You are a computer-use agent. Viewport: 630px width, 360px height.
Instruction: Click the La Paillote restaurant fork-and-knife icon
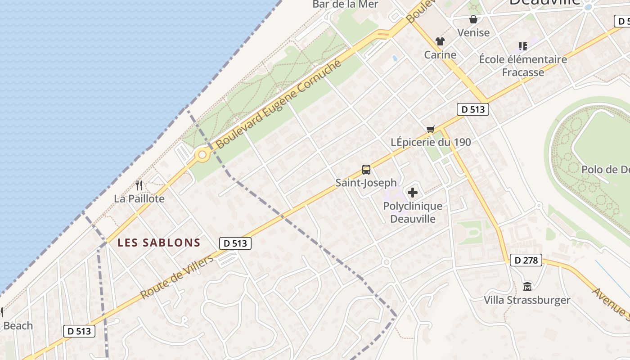pyautogui.click(x=139, y=185)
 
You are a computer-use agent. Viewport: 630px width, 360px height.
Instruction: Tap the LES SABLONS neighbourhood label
pyautogui.click(x=159, y=243)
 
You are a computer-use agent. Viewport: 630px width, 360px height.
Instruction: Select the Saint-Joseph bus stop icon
pyautogui.click(x=366, y=170)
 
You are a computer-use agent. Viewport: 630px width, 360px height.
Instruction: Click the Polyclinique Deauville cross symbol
pyautogui.click(x=412, y=193)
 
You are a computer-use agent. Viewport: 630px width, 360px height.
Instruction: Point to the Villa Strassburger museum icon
pyautogui.click(x=527, y=286)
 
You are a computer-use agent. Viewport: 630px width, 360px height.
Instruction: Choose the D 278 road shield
pyautogui.click(x=526, y=260)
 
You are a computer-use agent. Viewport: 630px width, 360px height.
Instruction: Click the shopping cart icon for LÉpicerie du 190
pyautogui.click(x=431, y=130)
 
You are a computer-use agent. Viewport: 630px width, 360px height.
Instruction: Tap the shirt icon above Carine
pyautogui.click(x=440, y=41)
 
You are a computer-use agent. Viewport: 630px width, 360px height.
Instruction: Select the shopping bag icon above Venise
pyautogui.click(x=473, y=19)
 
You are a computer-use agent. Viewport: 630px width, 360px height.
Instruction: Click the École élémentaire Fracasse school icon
pyautogui.click(x=522, y=46)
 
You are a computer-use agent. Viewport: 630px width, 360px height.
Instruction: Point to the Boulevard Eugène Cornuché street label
pyautogui.click(x=279, y=104)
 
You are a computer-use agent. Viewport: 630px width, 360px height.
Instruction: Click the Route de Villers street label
pyautogui.click(x=177, y=277)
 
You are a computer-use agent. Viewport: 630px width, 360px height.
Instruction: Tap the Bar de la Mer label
pyautogui.click(x=346, y=4)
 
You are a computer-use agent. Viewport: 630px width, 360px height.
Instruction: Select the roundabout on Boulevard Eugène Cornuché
pyautogui.click(x=202, y=155)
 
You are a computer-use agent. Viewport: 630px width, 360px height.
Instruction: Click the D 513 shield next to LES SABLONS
pyautogui.click(x=235, y=243)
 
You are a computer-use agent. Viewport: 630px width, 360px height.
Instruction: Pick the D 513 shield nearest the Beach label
pyautogui.click(x=79, y=331)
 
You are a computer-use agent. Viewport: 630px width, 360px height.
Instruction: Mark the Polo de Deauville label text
pyautogui.click(x=605, y=170)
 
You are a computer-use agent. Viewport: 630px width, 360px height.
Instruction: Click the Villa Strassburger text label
pyautogui.click(x=527, y=300)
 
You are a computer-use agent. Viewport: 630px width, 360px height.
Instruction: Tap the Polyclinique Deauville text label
pyautogui.click(x=413, y=212)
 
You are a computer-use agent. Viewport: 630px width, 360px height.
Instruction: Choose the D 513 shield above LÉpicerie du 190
pyautogui.click(x=472, y=109)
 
